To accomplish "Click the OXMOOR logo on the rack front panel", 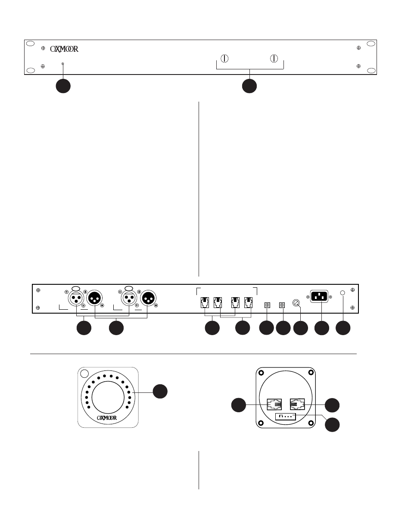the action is [64, 49].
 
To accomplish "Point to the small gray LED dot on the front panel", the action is [62, 64].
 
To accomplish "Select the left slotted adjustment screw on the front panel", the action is [224, 59].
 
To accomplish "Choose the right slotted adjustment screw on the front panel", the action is [274, 59].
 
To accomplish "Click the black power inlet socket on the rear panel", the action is [319, 296].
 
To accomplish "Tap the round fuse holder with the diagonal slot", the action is [296, 303].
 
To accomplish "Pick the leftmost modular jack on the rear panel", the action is [205, 302].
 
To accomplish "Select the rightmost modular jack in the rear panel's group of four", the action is [248, 302].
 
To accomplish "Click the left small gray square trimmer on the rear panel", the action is [267, 305].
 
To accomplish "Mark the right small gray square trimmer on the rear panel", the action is [282, 305].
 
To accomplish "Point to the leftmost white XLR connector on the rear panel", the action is [76, 298].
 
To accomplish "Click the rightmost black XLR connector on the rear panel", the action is [148, 298].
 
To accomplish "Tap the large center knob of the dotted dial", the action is [108, 398].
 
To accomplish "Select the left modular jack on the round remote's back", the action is [274, 404].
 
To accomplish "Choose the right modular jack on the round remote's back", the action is [297, 404].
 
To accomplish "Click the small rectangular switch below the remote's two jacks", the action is [286, 417].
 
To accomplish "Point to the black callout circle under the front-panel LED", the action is [63, 86].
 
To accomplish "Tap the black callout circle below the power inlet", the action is [322, 328].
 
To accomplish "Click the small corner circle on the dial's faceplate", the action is [84, 373].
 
